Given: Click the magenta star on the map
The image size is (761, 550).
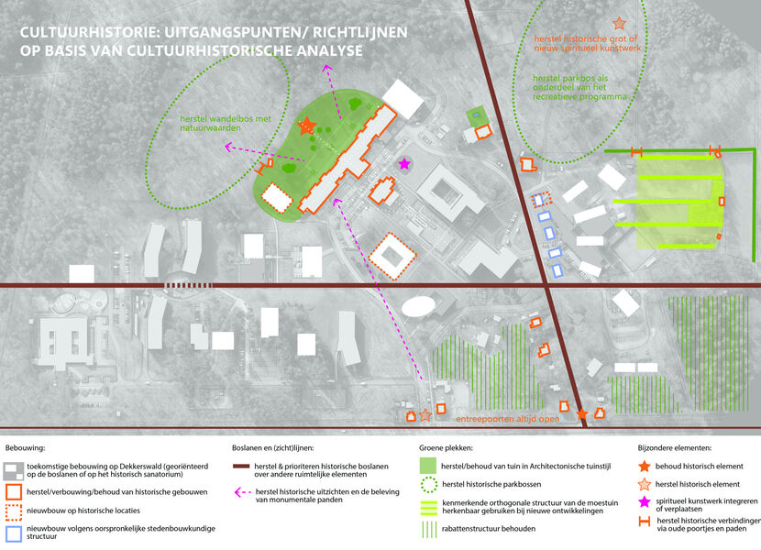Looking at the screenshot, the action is (x=403, y=163).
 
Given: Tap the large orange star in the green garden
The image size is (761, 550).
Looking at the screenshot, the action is (x=307, y=126).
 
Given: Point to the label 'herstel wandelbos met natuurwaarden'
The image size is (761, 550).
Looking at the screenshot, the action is (x=226, y=124).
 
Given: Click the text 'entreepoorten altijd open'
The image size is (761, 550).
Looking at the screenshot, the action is (x=508, y=418).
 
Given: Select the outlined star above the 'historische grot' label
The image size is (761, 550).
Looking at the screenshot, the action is (x=619, y=23).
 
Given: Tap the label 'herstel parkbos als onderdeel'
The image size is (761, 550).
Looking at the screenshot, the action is (x=580, y=87).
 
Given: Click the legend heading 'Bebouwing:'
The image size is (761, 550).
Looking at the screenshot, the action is (x=26, y=448).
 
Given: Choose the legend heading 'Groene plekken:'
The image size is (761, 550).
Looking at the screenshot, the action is (x=446, y=448).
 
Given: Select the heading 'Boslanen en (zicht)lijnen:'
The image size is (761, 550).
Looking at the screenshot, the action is (x=272, y=448).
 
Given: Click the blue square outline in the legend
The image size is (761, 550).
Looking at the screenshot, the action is (x=14, y=533).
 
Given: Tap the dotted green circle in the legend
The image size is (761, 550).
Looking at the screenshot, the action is (x=429, y=485).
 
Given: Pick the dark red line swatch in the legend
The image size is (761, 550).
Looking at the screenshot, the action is (x=241, y=467).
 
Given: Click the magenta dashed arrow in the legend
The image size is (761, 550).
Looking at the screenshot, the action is (x=242, y=492).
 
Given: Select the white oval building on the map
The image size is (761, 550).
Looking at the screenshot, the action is (x=419, y=306).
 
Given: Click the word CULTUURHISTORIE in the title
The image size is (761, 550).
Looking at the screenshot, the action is (x=84, y=32).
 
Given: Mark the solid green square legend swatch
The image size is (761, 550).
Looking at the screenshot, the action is (x=428, y=466).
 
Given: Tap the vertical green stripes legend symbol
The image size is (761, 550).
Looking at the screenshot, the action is (x=429, y=530).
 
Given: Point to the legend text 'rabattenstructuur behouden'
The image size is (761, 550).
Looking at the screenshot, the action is (x=489, y=529).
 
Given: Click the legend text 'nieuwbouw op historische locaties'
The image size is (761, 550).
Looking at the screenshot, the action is (x=83, y=511).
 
